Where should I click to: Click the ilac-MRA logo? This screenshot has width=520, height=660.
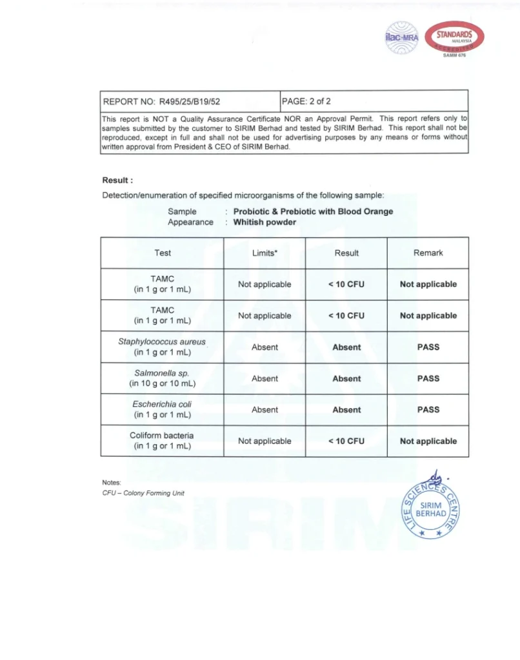[401, 36]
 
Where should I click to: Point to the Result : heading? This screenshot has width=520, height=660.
[117, 180]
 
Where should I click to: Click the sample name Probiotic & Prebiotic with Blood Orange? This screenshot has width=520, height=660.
[313, 211]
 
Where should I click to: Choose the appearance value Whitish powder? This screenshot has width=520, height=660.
[265, 222]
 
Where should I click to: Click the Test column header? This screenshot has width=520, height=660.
[163, 253]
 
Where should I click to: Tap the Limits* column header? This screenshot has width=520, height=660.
[265, 253]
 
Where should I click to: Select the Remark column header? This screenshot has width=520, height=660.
[428, 253]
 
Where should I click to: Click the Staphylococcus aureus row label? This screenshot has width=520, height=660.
[163, 347]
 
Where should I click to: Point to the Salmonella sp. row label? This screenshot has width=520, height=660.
[163, 378]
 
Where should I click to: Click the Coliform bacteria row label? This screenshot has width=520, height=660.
[163, 441]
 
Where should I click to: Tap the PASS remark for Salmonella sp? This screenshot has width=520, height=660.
[428, 378]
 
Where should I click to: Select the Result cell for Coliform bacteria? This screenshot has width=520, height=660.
[346, 442]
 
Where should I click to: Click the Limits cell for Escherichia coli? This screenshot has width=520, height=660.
[265, 410]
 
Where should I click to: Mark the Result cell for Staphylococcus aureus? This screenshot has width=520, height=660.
[346, 347]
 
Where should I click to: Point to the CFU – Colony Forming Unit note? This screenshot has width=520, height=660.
[143, 493]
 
